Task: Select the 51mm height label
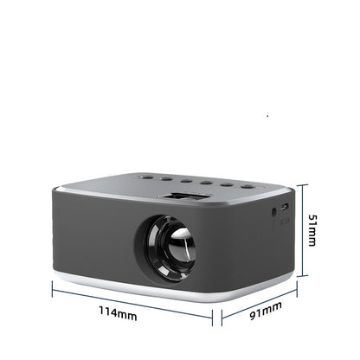(313, 231)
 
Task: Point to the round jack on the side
(274, 211)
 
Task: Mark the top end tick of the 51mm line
(299, 184)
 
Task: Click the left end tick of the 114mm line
(52, 290)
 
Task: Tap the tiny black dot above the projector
(267, 115)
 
